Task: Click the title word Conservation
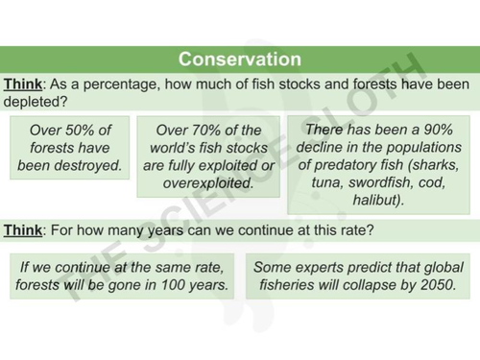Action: click(239, 60)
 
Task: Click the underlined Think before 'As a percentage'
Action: click(23, 84)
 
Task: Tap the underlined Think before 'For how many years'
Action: click(23, 230)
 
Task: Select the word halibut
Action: click(374, 201)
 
